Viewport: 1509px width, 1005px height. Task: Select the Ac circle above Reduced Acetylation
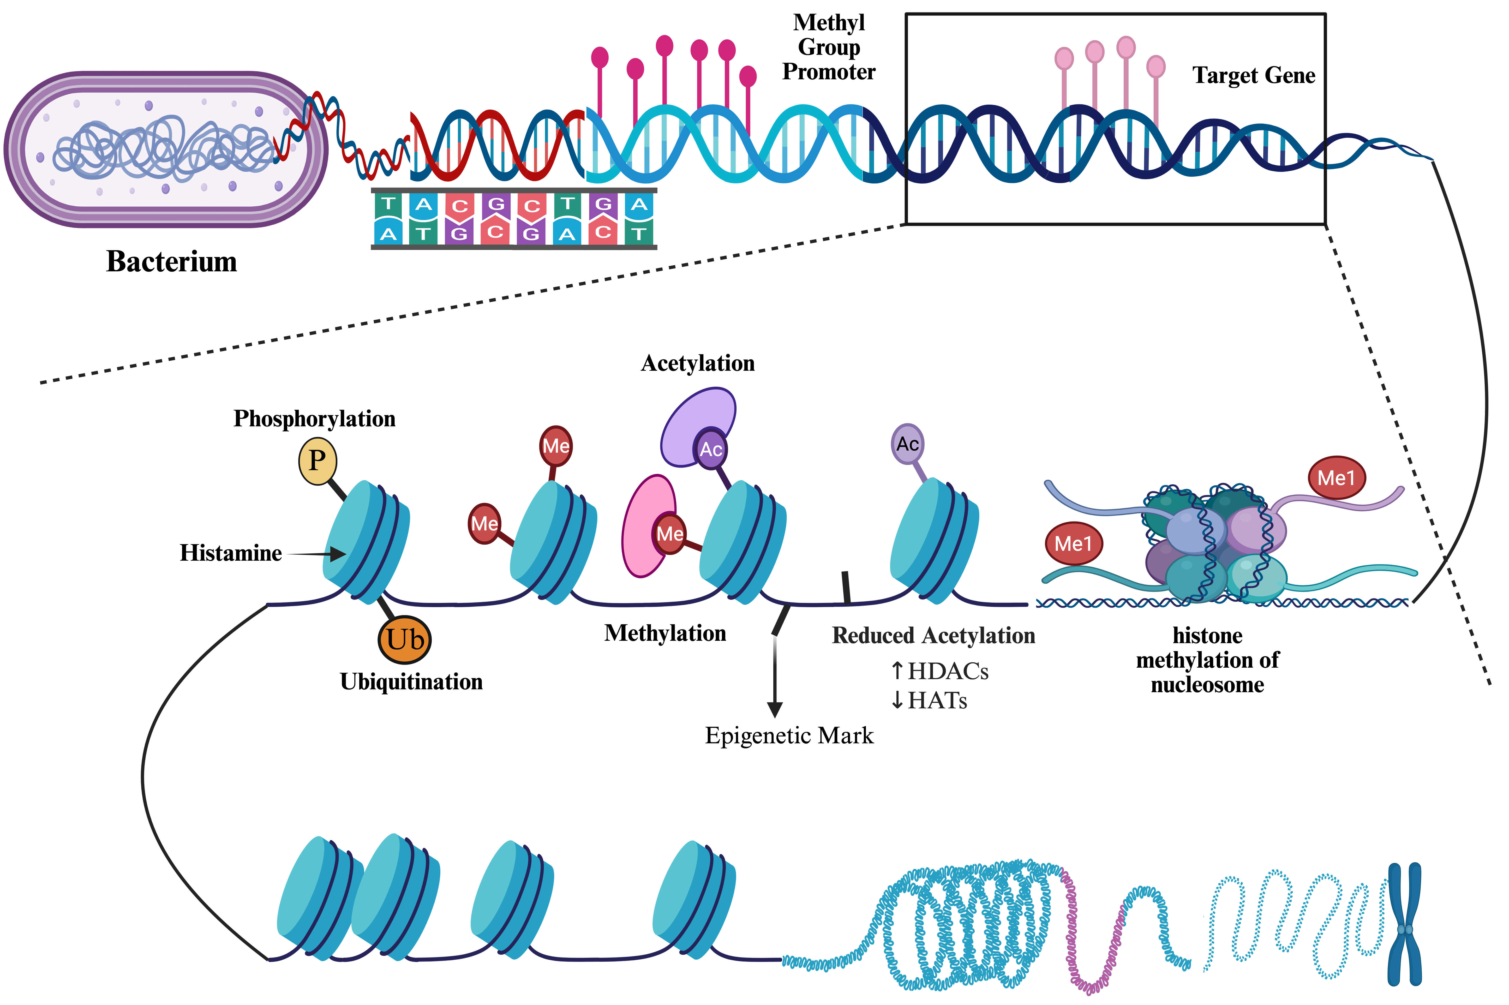(x=907, y=444)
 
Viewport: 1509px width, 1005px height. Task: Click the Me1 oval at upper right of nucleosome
(x=1336, y=477)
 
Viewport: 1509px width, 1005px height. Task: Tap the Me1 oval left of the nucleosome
(x=1073, y=543)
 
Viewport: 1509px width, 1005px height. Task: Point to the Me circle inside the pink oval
(x=670, y=533)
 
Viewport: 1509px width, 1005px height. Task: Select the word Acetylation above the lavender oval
(x=698, y=363)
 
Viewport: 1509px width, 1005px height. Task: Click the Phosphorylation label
(x=314, y=418)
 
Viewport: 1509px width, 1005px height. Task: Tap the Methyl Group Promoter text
(x=829, y=47)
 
